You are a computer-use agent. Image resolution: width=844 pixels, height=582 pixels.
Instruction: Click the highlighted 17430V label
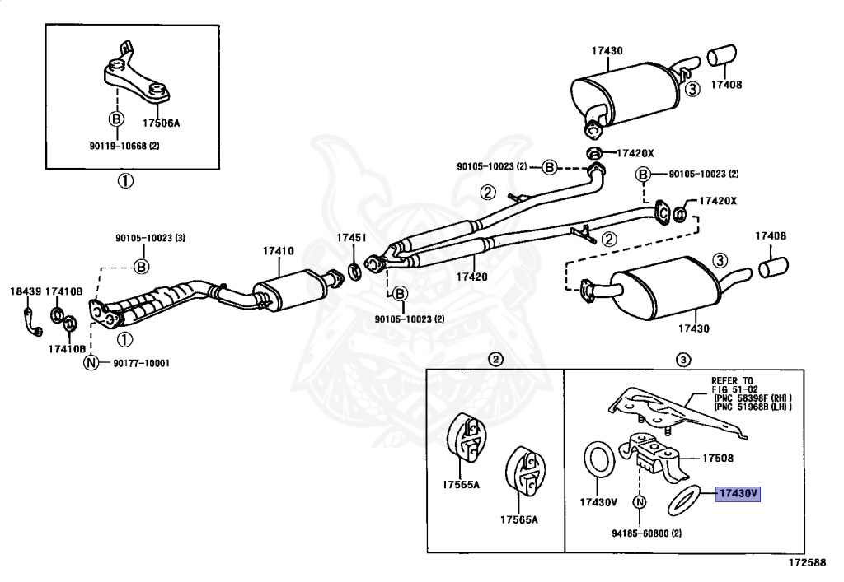(x=738, y=493)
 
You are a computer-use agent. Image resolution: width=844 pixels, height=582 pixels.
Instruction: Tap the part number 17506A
(x=161, y=123)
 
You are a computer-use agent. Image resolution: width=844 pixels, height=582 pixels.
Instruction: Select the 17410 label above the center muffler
(x=279, y=251)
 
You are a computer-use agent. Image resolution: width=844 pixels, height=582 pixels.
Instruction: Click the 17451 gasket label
(x=351, y=238)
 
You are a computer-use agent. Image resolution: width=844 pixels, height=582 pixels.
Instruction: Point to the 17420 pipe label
(x=471, y=277)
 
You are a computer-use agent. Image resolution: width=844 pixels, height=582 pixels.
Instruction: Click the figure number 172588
(x=808, y=562)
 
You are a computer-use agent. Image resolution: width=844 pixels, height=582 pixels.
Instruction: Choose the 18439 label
(x=26, y=291)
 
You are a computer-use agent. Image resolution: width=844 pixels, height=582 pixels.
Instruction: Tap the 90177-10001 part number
(x=141, y=363)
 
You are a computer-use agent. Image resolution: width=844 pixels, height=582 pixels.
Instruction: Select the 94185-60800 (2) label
(x=646, y=533)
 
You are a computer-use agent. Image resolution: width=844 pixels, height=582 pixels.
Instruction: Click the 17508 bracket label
(x=718, y=459)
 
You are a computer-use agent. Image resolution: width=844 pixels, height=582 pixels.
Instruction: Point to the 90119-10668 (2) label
(x=124, y=146)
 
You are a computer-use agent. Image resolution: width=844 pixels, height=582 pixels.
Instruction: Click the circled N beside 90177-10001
(x=91, y=363)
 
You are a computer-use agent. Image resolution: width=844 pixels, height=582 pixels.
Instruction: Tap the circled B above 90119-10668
(x=116, y=119)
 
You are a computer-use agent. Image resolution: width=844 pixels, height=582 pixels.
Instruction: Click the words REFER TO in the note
(x=732, y=381)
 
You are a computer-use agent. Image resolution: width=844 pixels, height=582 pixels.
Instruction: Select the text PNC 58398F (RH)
(x=753, y=398)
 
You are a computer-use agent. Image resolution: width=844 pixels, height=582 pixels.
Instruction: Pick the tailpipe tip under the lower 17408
(x=773, y=267)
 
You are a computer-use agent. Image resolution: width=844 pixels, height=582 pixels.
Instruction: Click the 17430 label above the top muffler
(x=607, y=50)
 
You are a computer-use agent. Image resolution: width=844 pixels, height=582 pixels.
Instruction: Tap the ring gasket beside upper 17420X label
(x=594, y=154)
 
